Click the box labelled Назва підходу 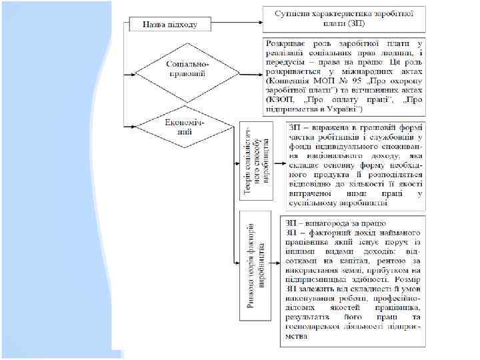[x=169, y=25]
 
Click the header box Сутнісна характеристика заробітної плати [x=343, y=17]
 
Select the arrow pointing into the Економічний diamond [x=137, y=125]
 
